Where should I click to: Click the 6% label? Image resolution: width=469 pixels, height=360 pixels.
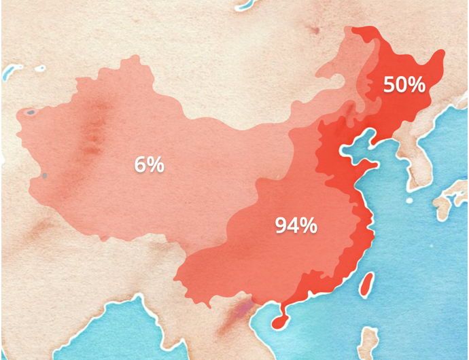(x=149, y=164)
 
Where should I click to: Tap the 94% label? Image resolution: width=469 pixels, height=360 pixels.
(x=296, y=226)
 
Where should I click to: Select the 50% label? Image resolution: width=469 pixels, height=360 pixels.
(x=404, y=85)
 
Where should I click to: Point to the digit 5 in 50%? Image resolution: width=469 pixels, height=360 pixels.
(x=389, y=85)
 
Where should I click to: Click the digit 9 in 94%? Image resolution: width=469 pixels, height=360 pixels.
(x=281, y=226)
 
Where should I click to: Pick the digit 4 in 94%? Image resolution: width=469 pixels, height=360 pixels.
(x=294, y=226)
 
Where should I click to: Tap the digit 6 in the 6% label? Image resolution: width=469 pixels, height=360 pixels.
(x=140, y=164)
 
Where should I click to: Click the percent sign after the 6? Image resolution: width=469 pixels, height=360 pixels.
(x=155, y=164)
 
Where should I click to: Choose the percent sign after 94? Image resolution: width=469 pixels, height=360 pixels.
(x=308, y=226)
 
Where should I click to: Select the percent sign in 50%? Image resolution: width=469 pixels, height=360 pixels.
(x=416, y=85)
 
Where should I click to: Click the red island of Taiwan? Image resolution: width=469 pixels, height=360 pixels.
(x=367, y=285)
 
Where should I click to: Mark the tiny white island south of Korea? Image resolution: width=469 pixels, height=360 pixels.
(x=409, y=201)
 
